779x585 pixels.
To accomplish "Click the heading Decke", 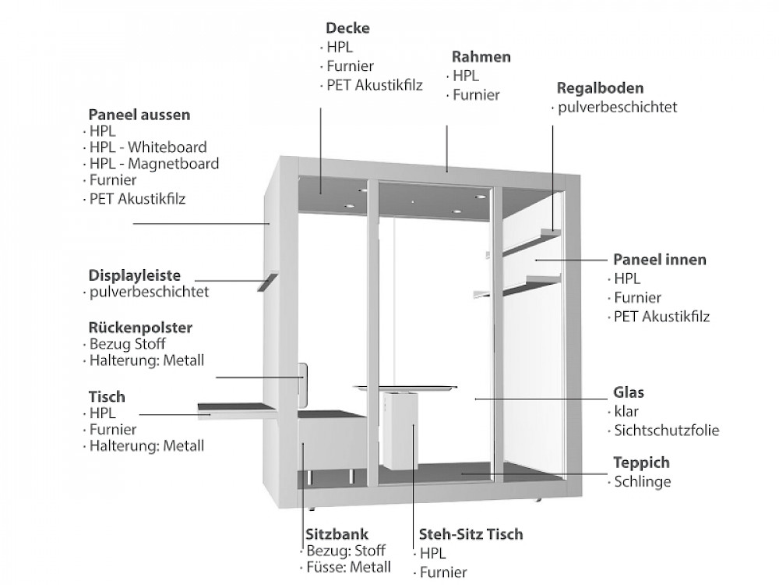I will pyautogui.click(x=348, y=29).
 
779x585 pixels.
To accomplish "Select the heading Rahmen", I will pyautogui.click(x=481, y=57).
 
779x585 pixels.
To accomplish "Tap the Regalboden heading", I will pyautogui.click(x=600, y=88).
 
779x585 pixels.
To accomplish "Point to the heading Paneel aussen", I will pyautogui.click(x=139, y=115).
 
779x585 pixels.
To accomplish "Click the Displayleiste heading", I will pyautogui.click(x=134, y=275).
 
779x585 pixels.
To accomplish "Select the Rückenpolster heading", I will pyautogui.click(x=140, y=327).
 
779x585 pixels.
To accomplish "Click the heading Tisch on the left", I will pyautogui.click(x=106, y=397).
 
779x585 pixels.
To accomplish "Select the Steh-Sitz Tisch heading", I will pyautogui.click(x=471, y=534).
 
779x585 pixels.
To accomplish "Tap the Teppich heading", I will pyautogui.click(x=641, y=463).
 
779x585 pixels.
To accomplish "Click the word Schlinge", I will pyautogui.click(x=642, y=481).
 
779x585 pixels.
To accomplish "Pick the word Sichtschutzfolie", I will pyautogui.click(x=666, y=430).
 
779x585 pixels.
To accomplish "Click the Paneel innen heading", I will pyautogui.click(x=659, y=260).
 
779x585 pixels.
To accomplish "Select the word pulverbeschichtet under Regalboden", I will pyautogui.click(x=617, y=107).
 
